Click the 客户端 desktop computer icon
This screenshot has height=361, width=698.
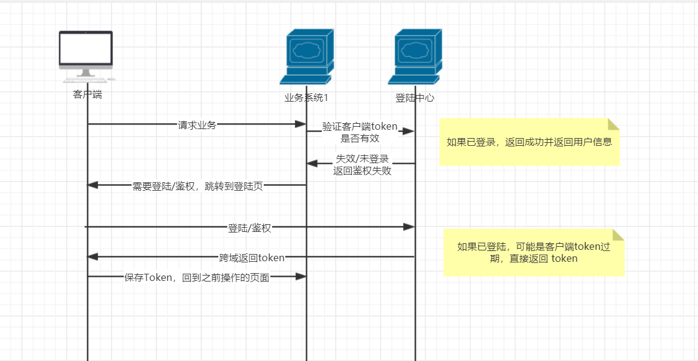pos(86,56)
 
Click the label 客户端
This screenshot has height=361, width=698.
pos(87,94)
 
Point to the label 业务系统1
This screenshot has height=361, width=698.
pos(306,97)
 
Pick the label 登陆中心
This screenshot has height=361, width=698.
pos(414,97)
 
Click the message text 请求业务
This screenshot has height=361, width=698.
pos(197,125)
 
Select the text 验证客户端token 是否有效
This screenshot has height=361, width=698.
pos(360,132)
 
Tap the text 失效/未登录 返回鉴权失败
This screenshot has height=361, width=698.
pos(362,164)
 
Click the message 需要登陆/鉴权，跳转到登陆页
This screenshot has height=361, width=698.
pos(197,186)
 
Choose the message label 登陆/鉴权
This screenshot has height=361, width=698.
pos(249,228)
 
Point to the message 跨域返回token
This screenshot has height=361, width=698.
pos(252,258)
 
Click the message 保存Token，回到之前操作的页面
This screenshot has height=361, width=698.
pos(197,277)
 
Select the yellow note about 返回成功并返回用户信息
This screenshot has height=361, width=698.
pos(529,142)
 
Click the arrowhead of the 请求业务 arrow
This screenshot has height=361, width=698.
pos(301,124)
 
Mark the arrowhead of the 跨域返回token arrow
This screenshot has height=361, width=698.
pos(93,256)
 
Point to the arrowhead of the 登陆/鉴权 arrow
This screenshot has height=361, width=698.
pos(409,227)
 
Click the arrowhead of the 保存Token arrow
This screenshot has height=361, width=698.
pos(301,276)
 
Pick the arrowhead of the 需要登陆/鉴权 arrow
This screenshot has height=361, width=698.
pos(93,185)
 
